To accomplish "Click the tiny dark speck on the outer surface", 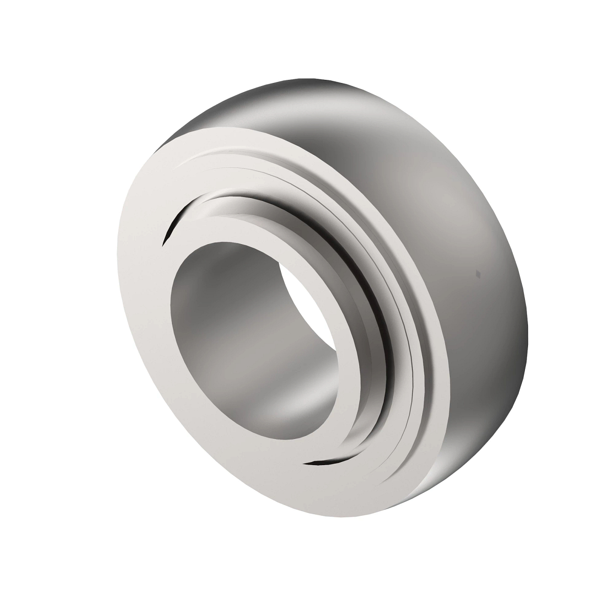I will pyautogui.click(x=477, y=273).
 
